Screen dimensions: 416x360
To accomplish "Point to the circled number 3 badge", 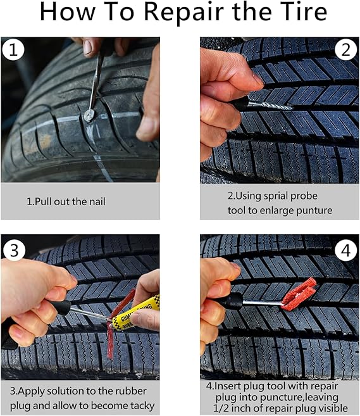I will (15, 249).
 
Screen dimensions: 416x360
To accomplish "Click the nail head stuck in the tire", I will (90, 115).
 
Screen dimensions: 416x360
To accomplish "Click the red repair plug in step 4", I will (299, 294).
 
